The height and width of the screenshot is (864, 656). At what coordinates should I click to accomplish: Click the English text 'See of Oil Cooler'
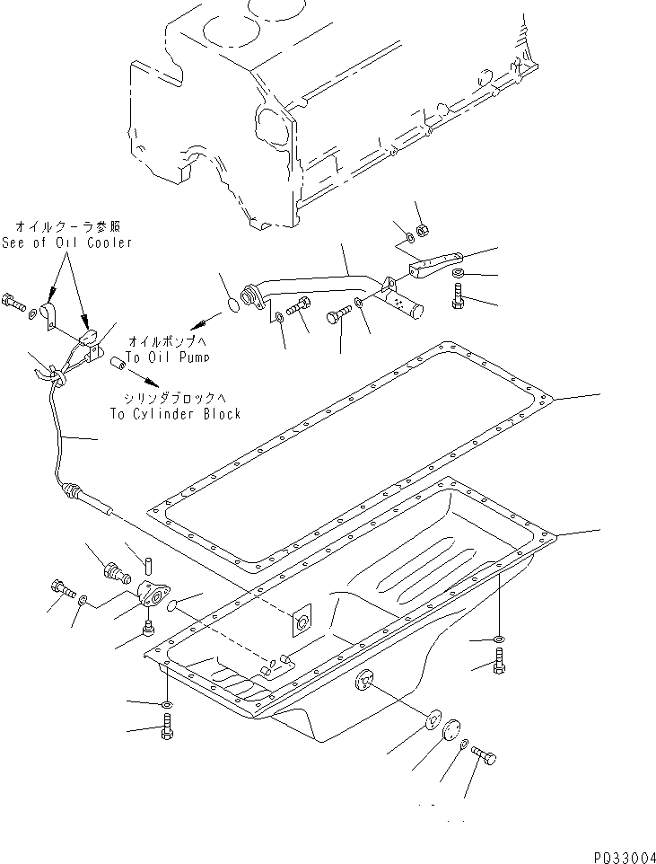coord(67,242)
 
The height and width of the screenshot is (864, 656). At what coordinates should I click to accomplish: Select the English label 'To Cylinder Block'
coord(175,414)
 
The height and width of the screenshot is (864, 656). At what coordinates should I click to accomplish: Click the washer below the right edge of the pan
coord(499,639)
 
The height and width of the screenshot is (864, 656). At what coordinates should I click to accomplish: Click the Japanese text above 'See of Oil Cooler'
coord(67,228)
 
